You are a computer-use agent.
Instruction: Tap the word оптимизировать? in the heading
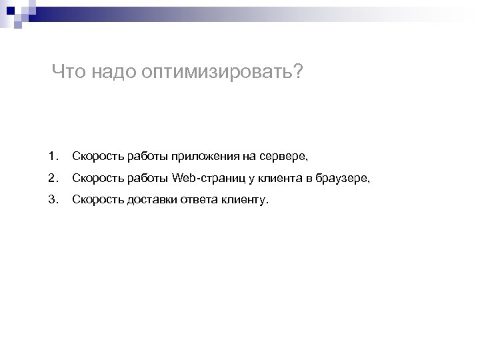pyautogui.click(x=221, y=72)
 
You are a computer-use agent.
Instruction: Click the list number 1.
pyautogui.click(x=53, y=157)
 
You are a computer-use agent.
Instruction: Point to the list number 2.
pyautogui.click(x=53, y=177)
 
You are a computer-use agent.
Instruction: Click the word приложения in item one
pyautogui.click(x=204, y=157)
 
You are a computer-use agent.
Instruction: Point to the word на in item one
pyautogui.click(x=248, y=157)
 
